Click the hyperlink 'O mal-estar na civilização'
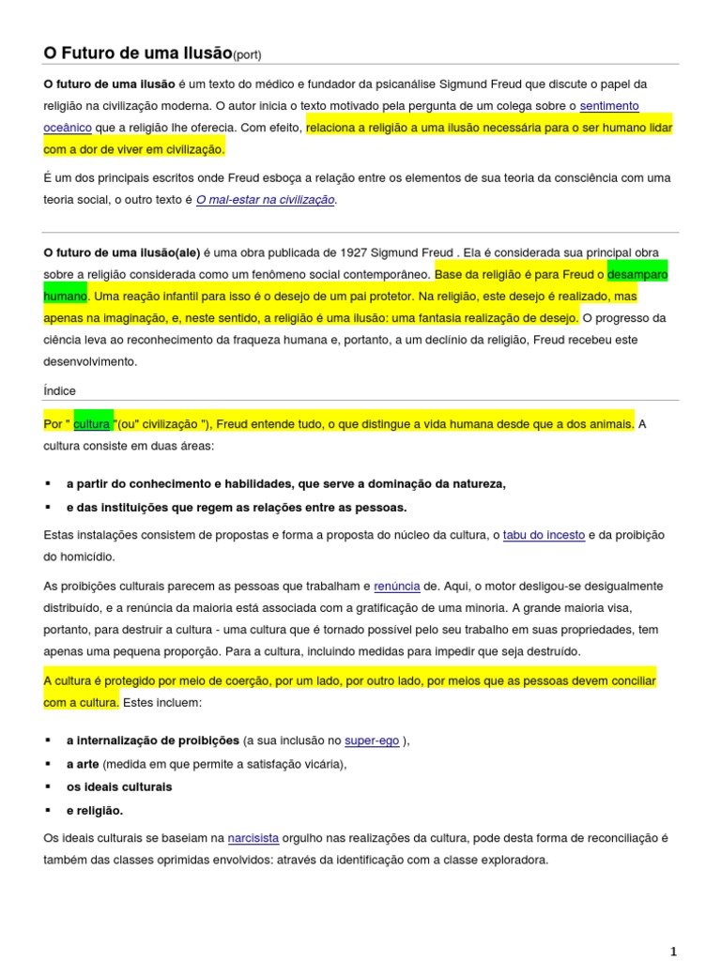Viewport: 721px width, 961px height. tap(265, 200)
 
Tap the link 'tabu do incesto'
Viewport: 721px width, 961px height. tap(544, 535)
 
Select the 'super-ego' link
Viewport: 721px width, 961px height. tap(372, 740)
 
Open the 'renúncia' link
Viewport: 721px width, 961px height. tap(397, 587)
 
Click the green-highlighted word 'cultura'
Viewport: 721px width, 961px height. tap(92, 424)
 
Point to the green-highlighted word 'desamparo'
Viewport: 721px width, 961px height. tap(637, 275)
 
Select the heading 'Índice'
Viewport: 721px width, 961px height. tap(59, 390)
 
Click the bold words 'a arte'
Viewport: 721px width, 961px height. tap(83, 764)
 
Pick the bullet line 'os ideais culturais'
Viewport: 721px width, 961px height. tap(119, 786)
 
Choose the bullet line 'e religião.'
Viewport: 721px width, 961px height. tap(95, 810)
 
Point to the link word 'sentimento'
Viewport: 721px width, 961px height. tap(609, 106)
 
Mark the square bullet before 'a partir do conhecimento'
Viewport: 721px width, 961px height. tap(48, 484)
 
